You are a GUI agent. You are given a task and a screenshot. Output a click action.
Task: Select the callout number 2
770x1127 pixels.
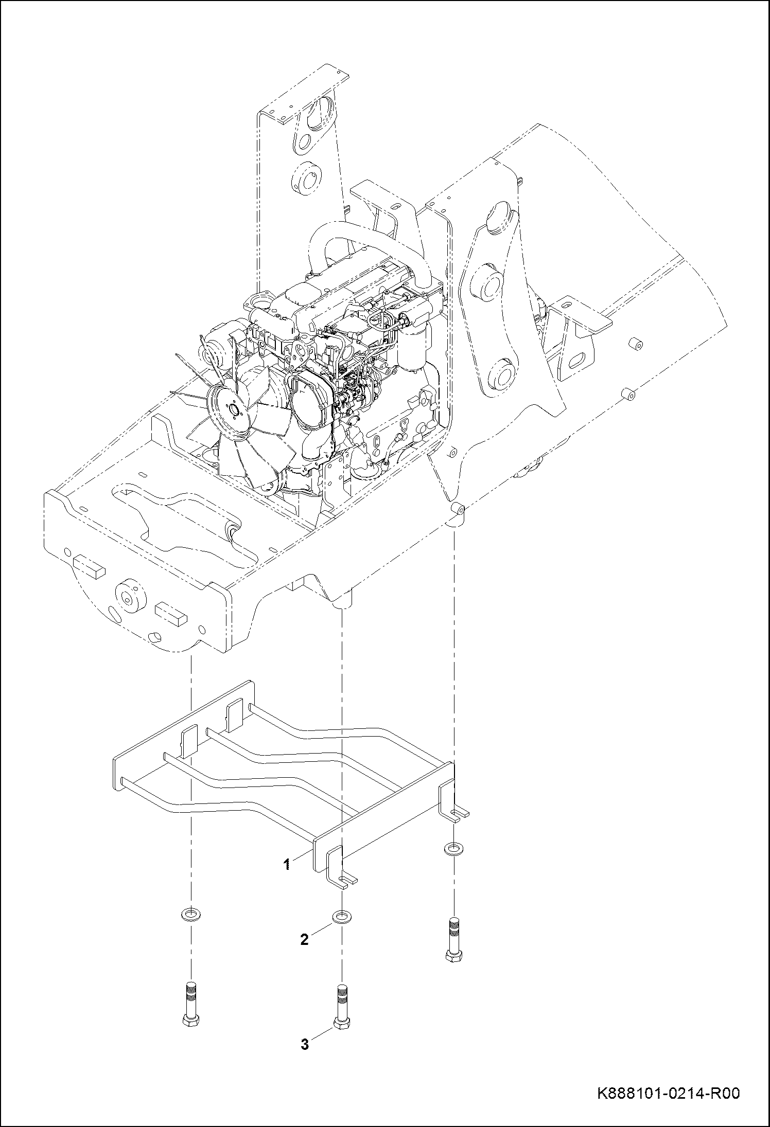(x=304, y=940)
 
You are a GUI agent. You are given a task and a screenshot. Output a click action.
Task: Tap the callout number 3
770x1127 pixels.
(x=305, y=1044)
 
